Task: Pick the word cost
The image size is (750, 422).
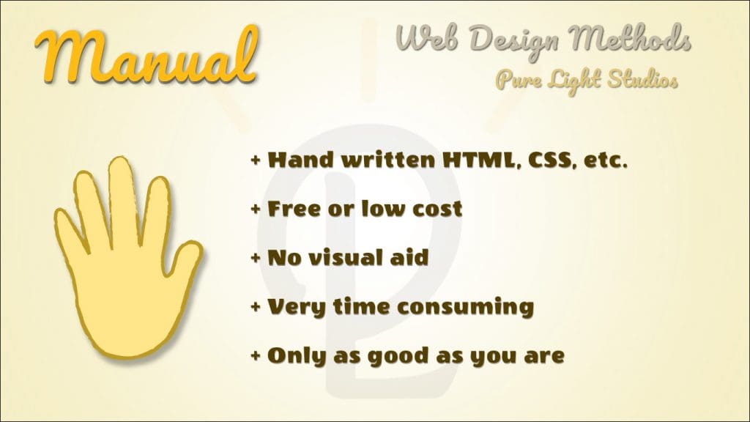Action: pos(437,210)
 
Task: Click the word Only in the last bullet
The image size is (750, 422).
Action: pos(297,357)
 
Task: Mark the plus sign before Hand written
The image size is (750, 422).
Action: pos(256,160)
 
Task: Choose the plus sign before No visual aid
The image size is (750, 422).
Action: pos(256,259)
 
